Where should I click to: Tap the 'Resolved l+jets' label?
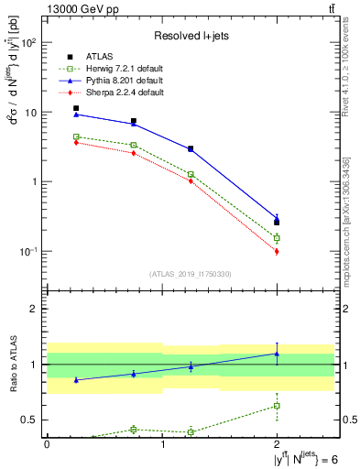tap(191, 36)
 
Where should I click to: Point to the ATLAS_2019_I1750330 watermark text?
tap(190, 274)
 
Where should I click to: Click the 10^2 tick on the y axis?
tap(29, 43)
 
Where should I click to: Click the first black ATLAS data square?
tap(76, 108)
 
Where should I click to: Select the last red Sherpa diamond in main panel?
tap(278, 251)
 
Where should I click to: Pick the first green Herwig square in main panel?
tap(76, 136)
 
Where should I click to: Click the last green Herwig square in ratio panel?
tap(278, 405)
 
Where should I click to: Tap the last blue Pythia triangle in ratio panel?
tap(278, 354)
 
